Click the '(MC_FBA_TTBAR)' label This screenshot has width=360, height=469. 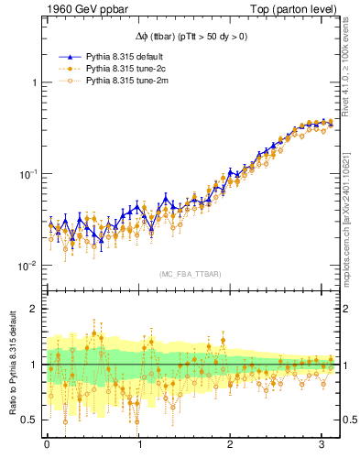point(190,275)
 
